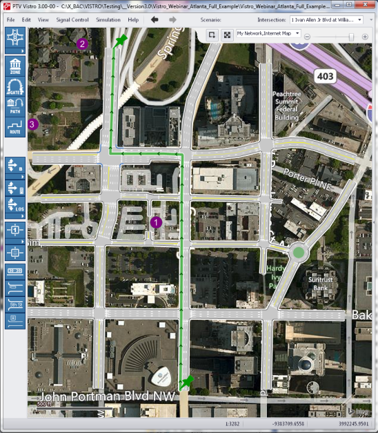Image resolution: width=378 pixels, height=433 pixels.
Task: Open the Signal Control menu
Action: (x=72, y=20)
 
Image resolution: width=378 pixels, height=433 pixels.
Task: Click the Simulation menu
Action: (x=108, y=20)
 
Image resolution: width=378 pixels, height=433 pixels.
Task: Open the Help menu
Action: (x=133, y=20)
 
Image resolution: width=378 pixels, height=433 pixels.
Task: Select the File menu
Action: (x=11, y=20)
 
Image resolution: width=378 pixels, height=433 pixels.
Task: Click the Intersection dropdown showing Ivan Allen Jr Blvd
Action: (x=326, y=20)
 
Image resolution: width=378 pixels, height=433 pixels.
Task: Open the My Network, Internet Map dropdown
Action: (x=268, y=33)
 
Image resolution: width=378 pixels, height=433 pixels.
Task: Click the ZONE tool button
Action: (x=15, y=67)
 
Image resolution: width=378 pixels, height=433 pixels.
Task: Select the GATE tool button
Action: (x=15, y=87)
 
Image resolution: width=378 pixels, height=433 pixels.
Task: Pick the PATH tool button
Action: (x=15, y=106)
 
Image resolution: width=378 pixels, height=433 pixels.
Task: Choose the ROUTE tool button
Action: (x=15, y=126)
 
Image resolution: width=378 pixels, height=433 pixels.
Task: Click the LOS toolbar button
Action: (x=15, y=205)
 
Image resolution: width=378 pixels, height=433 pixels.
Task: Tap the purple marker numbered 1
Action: (x=155, y=222)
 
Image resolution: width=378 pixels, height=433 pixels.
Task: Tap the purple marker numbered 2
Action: (x=83, y=44)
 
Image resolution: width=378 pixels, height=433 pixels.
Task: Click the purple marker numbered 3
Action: (x=33, y=124)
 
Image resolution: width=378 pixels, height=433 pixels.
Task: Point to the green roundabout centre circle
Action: (x=298, y=253)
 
